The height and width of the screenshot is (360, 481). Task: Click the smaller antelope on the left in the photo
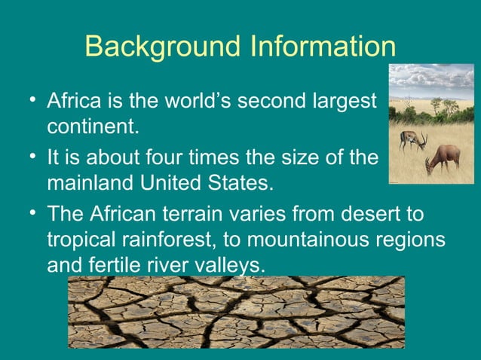(x=412, y=139)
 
